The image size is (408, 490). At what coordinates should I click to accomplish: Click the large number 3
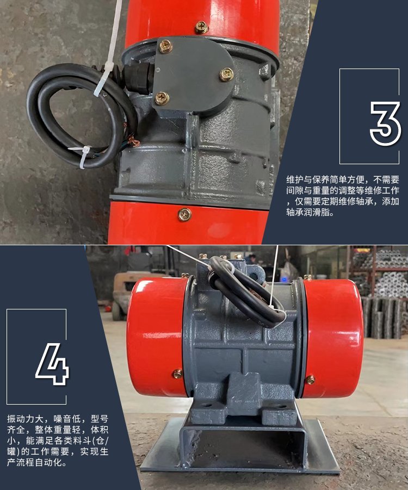[385, 124]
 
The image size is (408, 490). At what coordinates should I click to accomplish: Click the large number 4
[52, 364]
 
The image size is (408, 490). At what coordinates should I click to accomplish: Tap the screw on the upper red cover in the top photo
[201, 28]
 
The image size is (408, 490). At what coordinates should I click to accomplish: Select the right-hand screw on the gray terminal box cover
[226, 75]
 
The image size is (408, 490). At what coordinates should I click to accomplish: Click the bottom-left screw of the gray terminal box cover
[162, 98]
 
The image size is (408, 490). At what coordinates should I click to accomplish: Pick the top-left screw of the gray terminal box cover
[165, 46]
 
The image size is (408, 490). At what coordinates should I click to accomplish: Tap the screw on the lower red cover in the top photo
[184, 215]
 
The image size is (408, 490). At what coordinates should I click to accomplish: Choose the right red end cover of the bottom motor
[333, 338]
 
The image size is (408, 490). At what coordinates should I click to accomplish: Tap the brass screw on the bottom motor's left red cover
[177, 374]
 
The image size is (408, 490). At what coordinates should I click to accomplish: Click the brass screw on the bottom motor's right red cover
[310, 380]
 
